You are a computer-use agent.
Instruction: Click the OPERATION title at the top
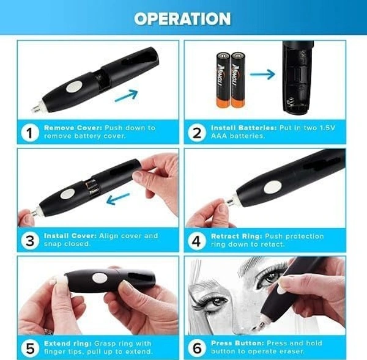point(182,18)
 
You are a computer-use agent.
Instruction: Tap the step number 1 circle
point(29,131)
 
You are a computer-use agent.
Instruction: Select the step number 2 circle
point(196,131)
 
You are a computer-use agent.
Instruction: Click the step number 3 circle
point(29,240)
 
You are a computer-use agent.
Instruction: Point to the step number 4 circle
point(196,240)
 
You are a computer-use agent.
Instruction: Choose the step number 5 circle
point(29,347)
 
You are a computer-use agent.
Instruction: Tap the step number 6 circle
point(196,347)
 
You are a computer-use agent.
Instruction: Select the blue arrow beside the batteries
point(262,75)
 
